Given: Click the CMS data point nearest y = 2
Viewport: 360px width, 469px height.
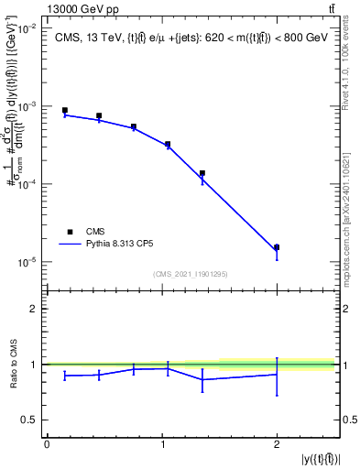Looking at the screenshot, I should [x=277, y=247].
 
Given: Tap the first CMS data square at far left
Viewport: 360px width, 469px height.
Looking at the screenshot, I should [x=64, y=110].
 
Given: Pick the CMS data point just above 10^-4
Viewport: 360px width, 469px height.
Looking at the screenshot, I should [x=202, y=173].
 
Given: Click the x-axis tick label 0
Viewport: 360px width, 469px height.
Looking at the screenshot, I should [x=47, y=444].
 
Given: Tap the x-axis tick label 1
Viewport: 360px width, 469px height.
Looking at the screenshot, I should [x=162, y=444].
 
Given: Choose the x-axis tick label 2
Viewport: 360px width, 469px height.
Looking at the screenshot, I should [x=277, y=444].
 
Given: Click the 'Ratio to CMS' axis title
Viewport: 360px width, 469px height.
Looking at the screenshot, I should [x=12, y=365].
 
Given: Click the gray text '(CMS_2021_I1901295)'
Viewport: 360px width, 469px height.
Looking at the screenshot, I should [x=191, y=274].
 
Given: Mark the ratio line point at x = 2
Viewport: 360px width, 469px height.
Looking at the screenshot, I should [x=277, y=374].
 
